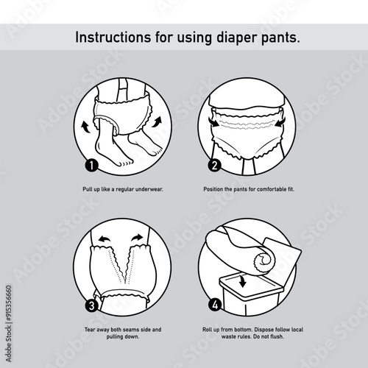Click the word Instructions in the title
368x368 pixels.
coord(113,38)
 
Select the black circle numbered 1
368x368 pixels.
coord(91,166)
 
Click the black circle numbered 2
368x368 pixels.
coord(214,165)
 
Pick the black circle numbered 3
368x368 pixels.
coord(91,306)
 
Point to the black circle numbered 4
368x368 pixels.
coord(215,305)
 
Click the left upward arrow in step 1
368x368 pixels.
coord(85,127)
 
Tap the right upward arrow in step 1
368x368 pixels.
coord(157,121)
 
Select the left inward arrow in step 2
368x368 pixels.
coord(213,122)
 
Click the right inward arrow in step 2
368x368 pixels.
coord(280,122)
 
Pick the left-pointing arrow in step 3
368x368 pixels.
coord(104,238)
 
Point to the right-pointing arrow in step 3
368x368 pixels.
coord(137,238)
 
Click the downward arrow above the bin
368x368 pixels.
coord(243,281)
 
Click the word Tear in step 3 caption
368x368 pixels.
coord(90,330)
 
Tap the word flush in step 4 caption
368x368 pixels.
coord(277,336)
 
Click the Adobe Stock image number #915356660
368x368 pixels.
coord(9,303)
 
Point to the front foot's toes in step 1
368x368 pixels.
coord(126,163)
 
